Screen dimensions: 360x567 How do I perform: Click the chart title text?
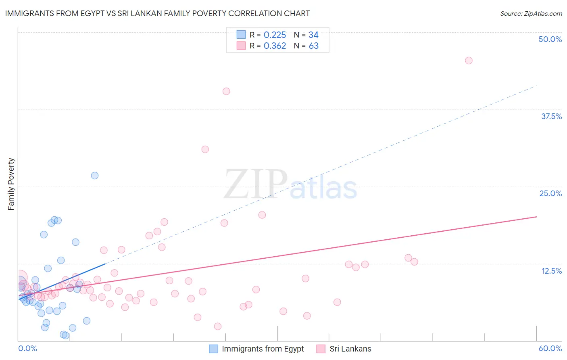(157, 13)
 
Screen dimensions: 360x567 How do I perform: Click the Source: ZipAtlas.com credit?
(531, 13)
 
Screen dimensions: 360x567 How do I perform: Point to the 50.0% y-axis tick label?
(550, 39)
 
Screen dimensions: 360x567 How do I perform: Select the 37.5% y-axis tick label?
(551, 116)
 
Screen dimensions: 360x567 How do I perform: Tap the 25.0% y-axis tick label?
(550, 193)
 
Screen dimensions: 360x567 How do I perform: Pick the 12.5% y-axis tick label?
(551, 271)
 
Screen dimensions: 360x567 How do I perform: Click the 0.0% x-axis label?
(27, 348)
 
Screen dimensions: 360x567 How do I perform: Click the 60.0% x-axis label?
(550, 348)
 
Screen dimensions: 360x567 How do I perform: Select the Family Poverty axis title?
(11, 184)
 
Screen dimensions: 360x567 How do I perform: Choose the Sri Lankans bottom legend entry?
(350, 349)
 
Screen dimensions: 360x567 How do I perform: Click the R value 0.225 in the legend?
(275, 35)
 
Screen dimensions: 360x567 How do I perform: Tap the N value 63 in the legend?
(313, 46)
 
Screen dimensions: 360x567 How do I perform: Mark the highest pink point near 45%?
(469, 61)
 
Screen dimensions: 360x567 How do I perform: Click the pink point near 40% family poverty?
(226, 91)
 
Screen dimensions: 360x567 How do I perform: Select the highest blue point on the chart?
(95, 176)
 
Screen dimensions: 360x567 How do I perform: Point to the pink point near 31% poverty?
(205, 149)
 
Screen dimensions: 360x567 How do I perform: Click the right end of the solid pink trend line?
(536, 217)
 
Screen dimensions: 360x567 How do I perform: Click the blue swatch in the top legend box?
(241, 35)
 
